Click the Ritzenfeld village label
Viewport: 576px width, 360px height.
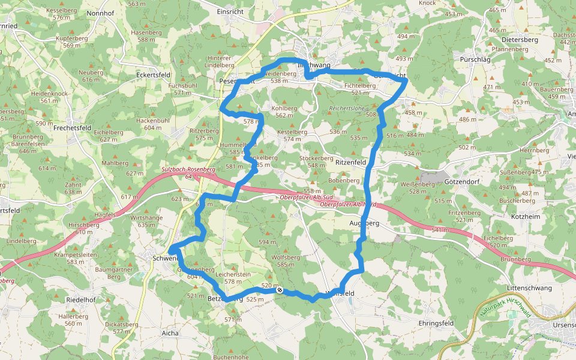point(350,163)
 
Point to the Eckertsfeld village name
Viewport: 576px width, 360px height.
point(154,75)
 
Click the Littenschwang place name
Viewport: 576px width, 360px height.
point(529,288)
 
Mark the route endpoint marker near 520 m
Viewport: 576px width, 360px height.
point(280,290)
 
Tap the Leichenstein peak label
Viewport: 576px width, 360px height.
point(236,274)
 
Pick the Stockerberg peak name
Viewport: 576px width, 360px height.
point(316,158)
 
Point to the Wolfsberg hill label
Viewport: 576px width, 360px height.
point(286,257)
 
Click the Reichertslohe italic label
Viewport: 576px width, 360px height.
point(347,109)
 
